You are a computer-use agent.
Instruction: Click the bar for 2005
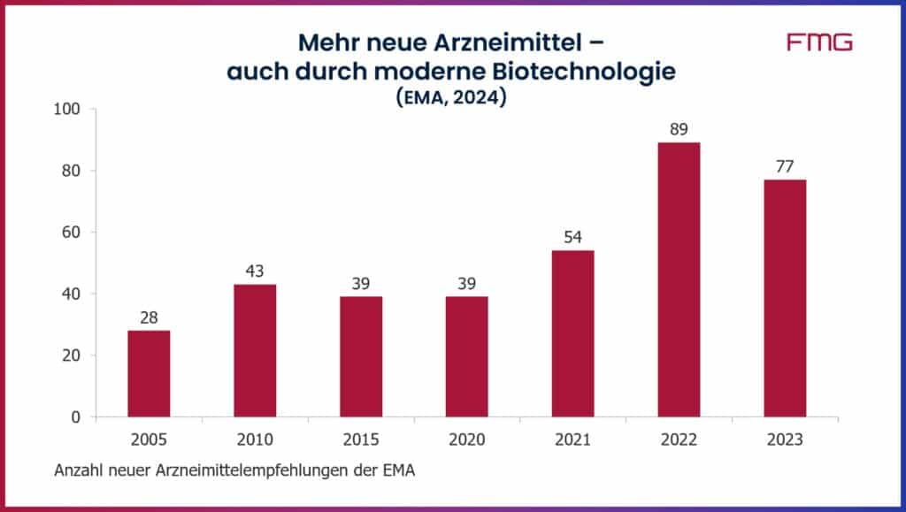149,373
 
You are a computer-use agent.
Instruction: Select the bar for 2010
255,350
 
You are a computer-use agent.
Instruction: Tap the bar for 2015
361,356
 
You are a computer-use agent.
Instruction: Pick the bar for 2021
572,333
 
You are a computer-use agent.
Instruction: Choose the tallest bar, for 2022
679,279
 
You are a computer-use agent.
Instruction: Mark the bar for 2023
785,298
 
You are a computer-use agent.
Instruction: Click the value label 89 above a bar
679,129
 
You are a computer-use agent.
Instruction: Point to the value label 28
149,317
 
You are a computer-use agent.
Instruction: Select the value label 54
572,237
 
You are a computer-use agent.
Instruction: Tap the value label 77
785,166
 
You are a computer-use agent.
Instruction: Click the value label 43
255,271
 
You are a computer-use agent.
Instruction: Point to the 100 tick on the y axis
68,110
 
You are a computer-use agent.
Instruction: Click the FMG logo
819,42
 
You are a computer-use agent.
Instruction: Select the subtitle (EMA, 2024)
451,99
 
